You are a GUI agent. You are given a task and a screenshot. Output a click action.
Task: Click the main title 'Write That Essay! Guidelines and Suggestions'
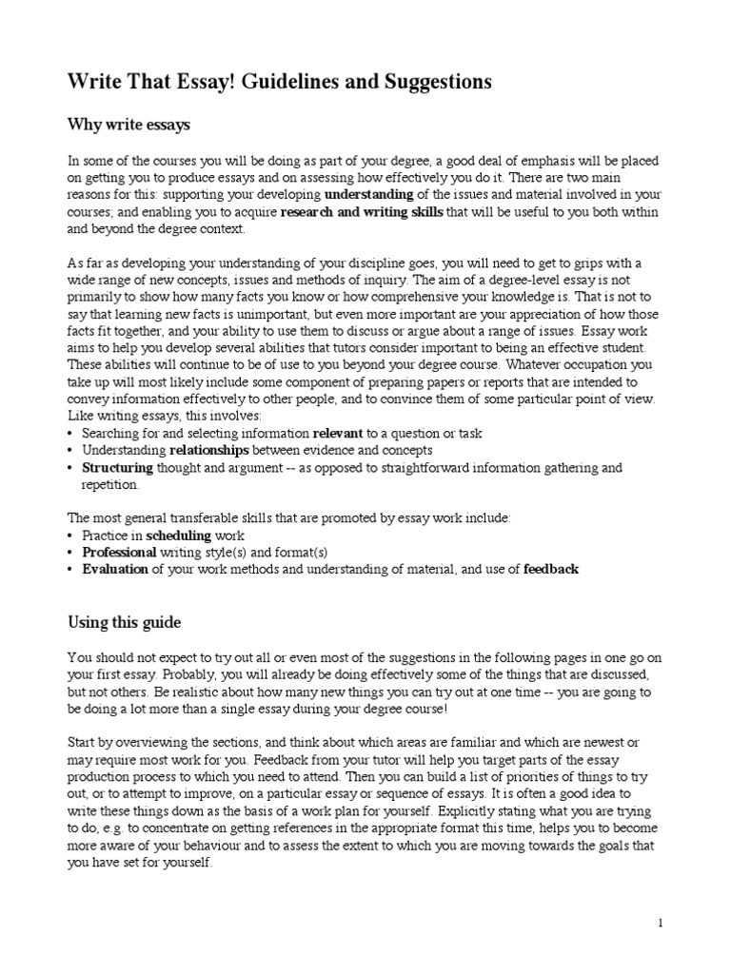click(x=279, y=83)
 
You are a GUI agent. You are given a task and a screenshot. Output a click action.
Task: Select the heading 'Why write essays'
click(x=128, y=124)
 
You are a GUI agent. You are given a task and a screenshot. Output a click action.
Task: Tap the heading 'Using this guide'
click(x=124, y=622)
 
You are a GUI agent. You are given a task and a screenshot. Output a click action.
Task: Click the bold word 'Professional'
click(x=119, y=553)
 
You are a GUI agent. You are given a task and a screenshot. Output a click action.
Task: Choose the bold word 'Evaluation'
click(x=115, y=570)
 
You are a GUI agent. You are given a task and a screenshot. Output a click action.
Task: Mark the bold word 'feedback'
click(x=551, y=570)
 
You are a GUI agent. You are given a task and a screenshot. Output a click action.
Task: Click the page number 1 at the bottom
click(x=660, y=923)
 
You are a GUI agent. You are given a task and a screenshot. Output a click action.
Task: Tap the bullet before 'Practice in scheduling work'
click(x=71, y=536)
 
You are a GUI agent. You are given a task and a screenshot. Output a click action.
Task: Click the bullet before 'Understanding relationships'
click(x=71, y=450)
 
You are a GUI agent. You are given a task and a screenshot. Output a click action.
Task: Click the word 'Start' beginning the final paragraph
click(x=82, y=742)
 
